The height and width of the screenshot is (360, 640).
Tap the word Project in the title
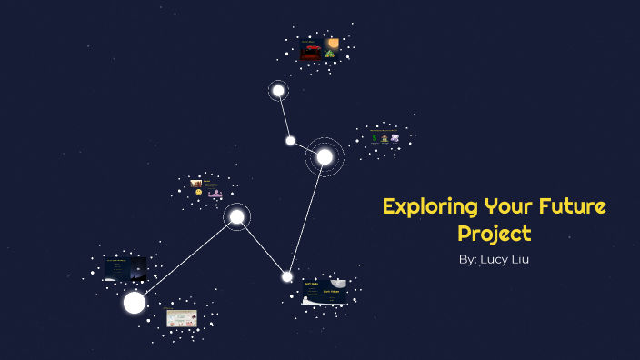tap(494, 233)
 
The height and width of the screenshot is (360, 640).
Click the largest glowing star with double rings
tap(325, 156)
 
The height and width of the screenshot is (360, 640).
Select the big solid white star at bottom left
tap(135, 302)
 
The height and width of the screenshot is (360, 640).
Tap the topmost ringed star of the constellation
tap(278, 90)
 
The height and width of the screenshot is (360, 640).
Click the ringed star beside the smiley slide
tap(236, 216)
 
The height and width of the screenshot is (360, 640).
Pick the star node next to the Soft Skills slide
tap(287, 276)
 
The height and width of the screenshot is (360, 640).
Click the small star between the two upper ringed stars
tap(290, 140)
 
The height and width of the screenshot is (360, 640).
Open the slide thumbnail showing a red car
tap(311, 50)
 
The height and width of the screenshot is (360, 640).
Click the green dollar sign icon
tap(374, 138)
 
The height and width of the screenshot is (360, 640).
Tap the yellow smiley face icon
tap(199, 192)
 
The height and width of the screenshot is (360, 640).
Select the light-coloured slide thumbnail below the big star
tap(182, 318)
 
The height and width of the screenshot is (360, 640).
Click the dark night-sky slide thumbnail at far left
tap(125, 268)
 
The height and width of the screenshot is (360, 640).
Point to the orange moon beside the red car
tap(334, 43)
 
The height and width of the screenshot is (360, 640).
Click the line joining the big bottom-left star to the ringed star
tap(186, 258)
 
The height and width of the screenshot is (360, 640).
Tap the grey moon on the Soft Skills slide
tap(338, 283)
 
